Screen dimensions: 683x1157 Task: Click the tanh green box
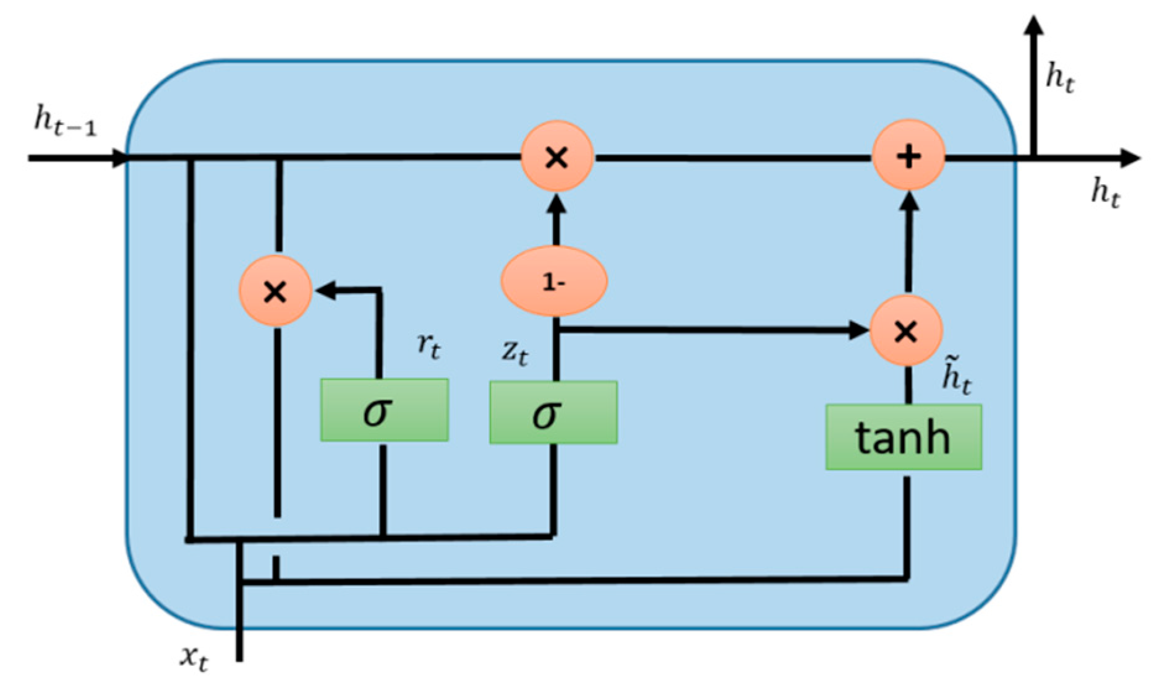pyautogui.click(x=903, y=437)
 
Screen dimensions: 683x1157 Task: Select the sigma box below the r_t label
pyautogui.click(x=384, y=410)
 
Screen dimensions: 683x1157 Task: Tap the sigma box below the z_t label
pyautogui.click(x=553, y=413)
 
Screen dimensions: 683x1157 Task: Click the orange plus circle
pyautogui.click(x=908, y=157)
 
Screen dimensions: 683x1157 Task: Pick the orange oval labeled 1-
pyautogui.click(x=553, y=281)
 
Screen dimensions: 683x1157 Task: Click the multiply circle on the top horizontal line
pyautogui.click(x=557, y=157)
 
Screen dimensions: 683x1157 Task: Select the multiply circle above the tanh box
pyautogui.click(x=905, y=331)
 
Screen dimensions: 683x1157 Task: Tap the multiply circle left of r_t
pyautogui.click(x=275, y=291)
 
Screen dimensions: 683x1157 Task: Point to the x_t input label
pyautogui.click(x=194, y=658)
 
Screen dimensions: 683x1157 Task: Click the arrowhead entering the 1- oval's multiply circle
pyautogui.click(x=557, y=204)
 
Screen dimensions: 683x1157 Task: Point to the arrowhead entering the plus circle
pyautogui.click(x=908, y=202)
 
